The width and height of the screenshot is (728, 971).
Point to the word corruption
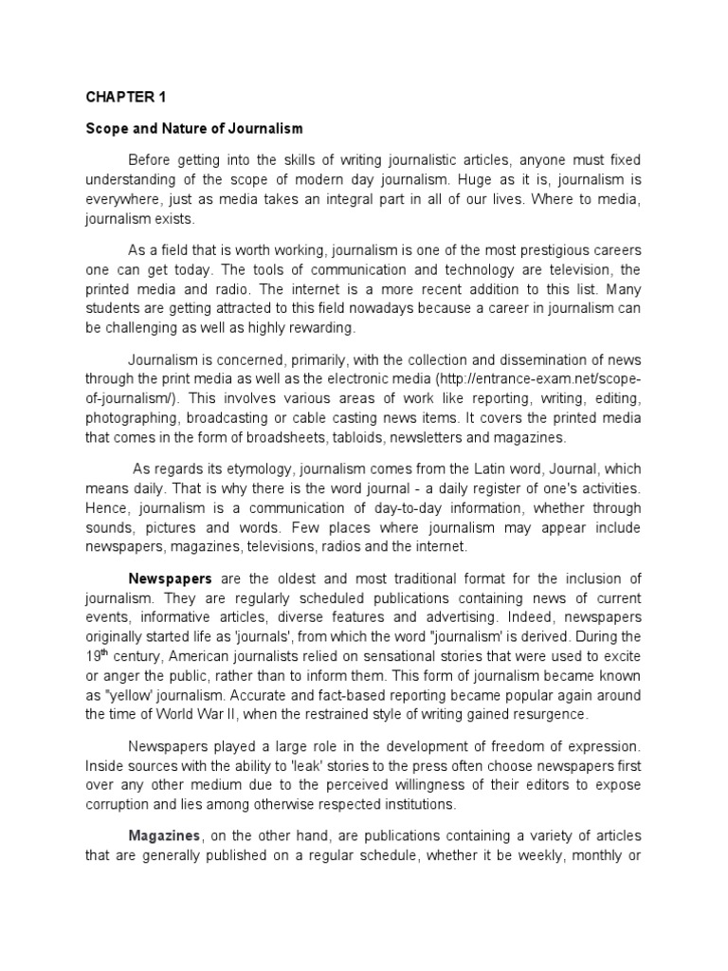point(118,804)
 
